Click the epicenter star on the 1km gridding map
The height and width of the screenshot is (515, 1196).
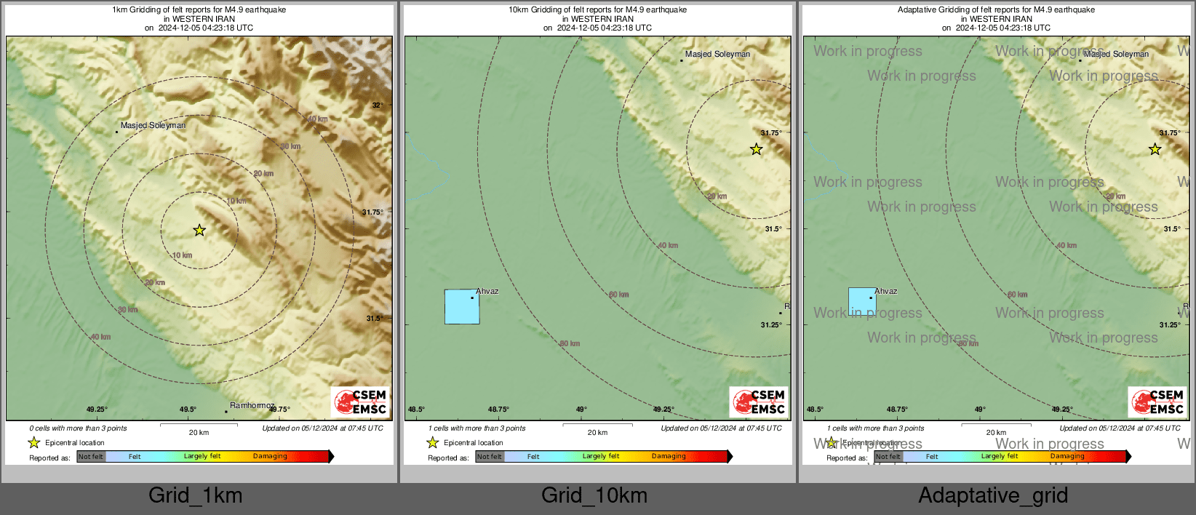click(x=199, y=231)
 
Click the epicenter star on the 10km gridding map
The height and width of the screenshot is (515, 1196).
click(x=757, y=149)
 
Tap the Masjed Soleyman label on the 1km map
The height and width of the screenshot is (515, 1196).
click(x=153, y=125)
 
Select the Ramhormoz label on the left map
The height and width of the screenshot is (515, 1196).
click(x=252, y=405)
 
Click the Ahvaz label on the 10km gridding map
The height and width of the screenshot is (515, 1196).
click(x=487, y=291)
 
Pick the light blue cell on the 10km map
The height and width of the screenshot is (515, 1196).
click(x=462, y=307)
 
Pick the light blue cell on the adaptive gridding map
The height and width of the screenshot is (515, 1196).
click(x=862, y=301)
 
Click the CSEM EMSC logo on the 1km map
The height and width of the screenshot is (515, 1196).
click(x=360, y=402)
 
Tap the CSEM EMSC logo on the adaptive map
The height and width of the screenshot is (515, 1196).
click(x=1157, y=402)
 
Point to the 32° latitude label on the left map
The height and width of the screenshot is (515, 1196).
click(x=378, y=105)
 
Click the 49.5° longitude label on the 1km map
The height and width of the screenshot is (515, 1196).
click(x=188, y=410)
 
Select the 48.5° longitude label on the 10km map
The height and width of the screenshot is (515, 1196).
click(x=416, y=410)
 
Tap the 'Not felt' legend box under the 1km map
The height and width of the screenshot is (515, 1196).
click(x=91, y=457)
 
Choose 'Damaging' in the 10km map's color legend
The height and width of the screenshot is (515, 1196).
click(x=669, y=457)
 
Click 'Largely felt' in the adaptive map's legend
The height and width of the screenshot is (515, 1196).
click(x=999, y=457)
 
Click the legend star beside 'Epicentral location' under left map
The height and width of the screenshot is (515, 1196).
click(x=33, y=442)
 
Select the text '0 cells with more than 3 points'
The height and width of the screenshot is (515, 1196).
click(x=78, y=428)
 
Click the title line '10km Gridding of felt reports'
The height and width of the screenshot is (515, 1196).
click(x=597, y=10)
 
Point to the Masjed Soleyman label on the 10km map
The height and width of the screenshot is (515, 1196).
click(x=717, y=54)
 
